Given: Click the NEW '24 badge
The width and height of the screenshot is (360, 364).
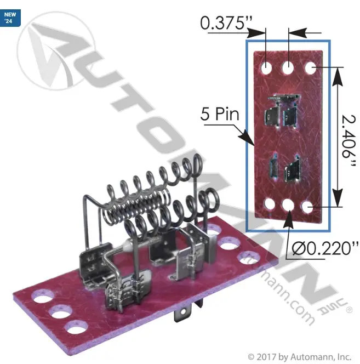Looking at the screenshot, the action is [x=10, y=18].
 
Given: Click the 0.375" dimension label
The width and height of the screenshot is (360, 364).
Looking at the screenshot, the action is [x=226, y=23].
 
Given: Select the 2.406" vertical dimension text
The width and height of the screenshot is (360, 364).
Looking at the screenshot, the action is [x=348, y=140].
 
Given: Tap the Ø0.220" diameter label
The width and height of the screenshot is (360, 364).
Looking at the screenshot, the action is [x=325, y=248].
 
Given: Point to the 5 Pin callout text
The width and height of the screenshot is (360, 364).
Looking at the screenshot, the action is [x=220, y=114].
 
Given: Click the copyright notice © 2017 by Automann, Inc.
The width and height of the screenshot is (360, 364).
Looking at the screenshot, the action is [x=299, y=356].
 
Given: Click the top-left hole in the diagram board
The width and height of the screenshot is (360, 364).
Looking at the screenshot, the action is [x=266, y=68].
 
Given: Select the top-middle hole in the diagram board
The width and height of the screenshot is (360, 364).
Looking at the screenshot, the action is [x=288, y=68].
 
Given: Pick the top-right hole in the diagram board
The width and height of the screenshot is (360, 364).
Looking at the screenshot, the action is [x=311, y=68].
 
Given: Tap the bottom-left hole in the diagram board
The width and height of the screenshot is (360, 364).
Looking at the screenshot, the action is [x=270, y=204].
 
